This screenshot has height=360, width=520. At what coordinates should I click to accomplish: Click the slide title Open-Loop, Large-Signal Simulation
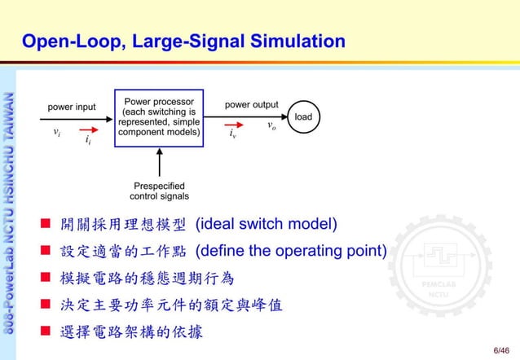[183, 41]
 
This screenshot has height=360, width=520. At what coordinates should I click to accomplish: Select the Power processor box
[157, 118]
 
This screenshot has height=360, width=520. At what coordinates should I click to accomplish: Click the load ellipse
[303, 117]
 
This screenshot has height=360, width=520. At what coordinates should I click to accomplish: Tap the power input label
[72, 107]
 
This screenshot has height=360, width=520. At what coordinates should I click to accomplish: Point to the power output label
[251, 105]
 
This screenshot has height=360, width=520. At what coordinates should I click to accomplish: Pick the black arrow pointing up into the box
[158, 163]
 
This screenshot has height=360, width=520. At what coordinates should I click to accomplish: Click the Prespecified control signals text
[159, 191]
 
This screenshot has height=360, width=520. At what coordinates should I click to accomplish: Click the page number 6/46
[501, 349]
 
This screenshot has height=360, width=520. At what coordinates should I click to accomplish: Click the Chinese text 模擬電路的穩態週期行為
[148, 279]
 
